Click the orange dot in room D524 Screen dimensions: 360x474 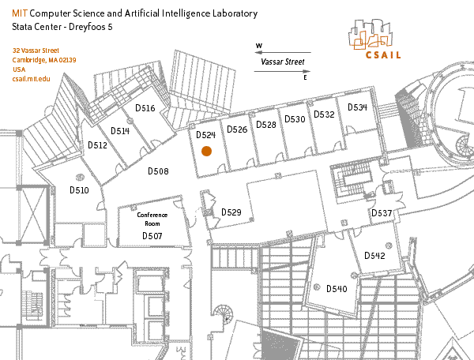click(206, 150)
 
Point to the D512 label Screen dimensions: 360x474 click(97, 145)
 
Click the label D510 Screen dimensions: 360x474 click(79, 190)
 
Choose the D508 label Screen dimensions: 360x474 click(158, 171)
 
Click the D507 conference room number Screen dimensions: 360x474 click(152, 236)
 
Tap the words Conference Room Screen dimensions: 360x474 click(152, 219)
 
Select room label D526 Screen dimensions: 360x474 click(237, 129)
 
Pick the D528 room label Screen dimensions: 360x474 click(266, 125)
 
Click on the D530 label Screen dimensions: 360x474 click(295, 119)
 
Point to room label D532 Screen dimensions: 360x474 click(324, 114)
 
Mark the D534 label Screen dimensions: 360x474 click(357, 107)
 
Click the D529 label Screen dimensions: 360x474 click(231, 212)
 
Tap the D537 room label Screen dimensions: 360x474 click(382, 214)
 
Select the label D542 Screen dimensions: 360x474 click(374, 256)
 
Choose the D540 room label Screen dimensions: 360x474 click(337, 289)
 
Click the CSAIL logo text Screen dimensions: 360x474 click(383, 55)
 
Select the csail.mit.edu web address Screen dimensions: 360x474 click(31, 80)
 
